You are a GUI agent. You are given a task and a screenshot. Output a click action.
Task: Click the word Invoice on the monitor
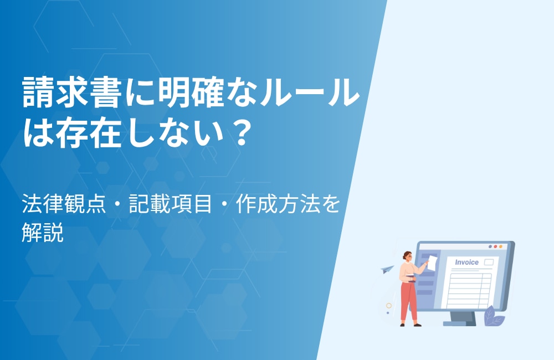[x=466, y=262]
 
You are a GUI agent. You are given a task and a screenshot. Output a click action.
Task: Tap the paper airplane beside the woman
[x=387, y=269]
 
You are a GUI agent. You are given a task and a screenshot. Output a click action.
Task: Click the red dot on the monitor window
[x=495, y=246]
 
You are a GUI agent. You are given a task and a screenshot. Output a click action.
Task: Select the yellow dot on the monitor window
[x=501, y=246]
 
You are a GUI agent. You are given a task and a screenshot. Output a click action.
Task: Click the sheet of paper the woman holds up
[x=432, y=263]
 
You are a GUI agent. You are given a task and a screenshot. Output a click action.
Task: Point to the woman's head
[x=407, y=256]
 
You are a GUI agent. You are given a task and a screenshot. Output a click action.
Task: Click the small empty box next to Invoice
[x=489, y=262]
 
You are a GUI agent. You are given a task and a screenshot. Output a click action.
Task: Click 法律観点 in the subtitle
[x=64, y=204]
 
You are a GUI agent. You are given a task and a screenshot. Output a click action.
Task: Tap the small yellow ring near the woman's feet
[x=389, y=306]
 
